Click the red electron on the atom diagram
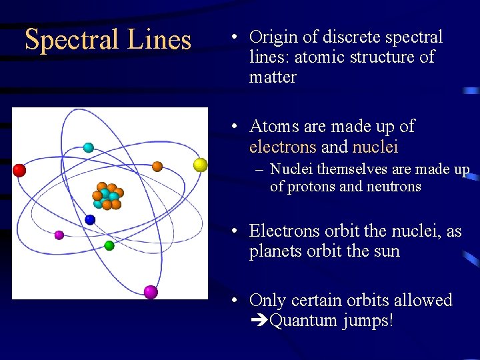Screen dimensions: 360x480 pyautogui.click(x=19, y=170)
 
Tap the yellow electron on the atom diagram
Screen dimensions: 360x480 pyautogui.click(x=200, y=164)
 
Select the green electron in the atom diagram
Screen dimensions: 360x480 pyautogui.click(x=109, y=245)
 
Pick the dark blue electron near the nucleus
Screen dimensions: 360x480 pyautogui.click(x=90, y=219)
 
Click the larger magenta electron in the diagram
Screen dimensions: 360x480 pyautogui.click(x=151, y=291)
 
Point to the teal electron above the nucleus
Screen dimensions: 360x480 pyautogui.click(x=88, y=147)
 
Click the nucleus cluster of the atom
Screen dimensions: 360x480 pyautogui.click(x=107, y=195)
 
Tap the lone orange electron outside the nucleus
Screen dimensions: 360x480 pyautogui.click(x=157, y=166)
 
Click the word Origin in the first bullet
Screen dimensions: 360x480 pyautogui.click(x=273, y=37)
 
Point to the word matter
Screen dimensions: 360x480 pyautogui.click(x=273, y=77)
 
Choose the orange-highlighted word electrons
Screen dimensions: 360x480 pyautogui.click(x=283, y=146)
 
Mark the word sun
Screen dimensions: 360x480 pyautogui.click(x=387, y=251)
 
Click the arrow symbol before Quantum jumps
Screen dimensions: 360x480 pyautogui.click(x=259, y=321)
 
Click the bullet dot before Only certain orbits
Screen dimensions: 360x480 pyautogui.click(x=236, y=301)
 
